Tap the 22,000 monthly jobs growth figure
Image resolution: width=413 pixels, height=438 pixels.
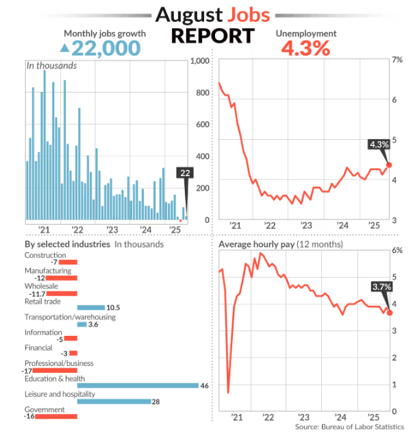coord(105,48)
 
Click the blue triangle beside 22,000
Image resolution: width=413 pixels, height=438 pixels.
coord(64,48)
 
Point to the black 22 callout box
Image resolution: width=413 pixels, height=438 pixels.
coord(185,173)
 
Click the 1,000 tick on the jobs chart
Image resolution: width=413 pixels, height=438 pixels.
coord(198,62)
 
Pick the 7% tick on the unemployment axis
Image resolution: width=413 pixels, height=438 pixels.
coord(397,60)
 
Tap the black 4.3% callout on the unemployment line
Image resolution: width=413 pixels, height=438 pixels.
coord(379,145)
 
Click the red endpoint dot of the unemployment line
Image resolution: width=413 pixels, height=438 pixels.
coord(389,165)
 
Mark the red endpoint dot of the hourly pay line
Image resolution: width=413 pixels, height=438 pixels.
coord(390,313)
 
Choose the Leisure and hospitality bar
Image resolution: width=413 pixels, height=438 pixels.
coord(114,402)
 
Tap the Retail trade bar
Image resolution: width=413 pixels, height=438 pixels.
coord(90,308)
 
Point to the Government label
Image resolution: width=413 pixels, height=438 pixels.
coord(45,410)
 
